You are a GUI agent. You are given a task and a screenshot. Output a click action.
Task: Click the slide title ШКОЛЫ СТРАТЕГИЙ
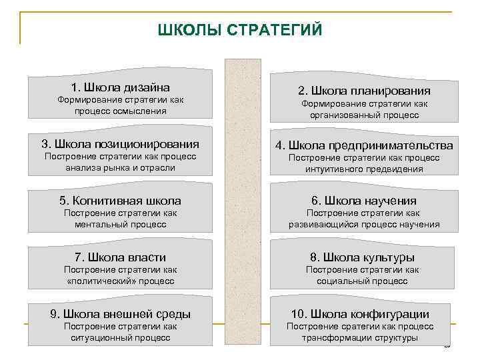pos(240,31)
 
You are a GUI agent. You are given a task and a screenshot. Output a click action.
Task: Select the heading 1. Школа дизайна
pos(120,87)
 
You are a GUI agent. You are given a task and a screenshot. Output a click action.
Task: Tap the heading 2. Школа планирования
pos(364,91)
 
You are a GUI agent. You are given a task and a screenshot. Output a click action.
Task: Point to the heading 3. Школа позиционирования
pos(120,144)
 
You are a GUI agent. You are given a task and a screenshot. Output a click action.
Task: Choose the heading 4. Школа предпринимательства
pos(364,145)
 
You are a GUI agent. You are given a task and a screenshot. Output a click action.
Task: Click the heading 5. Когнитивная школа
pos(120,201)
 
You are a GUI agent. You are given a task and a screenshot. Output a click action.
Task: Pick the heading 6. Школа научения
pos(364,201)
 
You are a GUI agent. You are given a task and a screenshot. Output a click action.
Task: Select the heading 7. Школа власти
pos(120,257)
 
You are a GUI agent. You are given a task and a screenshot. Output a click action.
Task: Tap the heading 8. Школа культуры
pos(364,257)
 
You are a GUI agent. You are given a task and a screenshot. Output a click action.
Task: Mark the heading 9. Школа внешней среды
pos(120,314)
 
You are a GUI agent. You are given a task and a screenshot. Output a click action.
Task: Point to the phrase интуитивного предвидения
pos(364,169)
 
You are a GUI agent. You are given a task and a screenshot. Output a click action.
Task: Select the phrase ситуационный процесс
pos(120,338)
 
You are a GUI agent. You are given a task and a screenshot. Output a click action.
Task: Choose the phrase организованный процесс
pos(364,115)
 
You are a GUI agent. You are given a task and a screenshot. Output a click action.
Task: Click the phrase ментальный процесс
pos(120,225)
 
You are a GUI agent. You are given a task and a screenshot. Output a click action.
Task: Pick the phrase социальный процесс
pos(364,281)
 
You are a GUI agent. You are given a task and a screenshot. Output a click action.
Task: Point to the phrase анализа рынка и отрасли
pos(120,168)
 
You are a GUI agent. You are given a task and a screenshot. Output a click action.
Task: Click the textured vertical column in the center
pos(243,200)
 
